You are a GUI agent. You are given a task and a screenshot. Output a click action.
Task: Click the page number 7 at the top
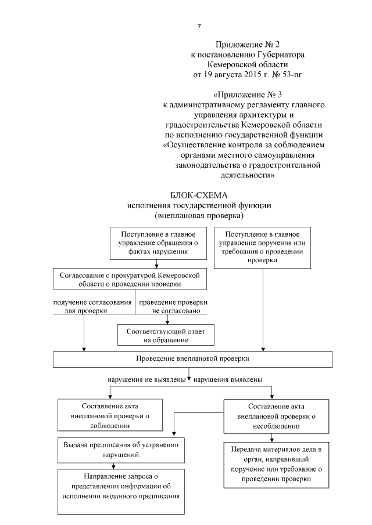(199, 27)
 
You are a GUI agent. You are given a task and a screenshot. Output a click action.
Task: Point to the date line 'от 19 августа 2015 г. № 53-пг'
(244, 75)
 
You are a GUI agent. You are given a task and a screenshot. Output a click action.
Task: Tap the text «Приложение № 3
(244, 95)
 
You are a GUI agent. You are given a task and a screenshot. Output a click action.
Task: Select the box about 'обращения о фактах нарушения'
(158, 243)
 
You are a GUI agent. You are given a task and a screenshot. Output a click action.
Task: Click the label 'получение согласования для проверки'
(80, 307)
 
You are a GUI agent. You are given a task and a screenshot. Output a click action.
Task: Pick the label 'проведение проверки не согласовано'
(173, 307)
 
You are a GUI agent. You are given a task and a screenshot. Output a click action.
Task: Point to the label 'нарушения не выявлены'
(146, 379)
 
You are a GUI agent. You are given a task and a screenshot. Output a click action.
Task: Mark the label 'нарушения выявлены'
(227, 379)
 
